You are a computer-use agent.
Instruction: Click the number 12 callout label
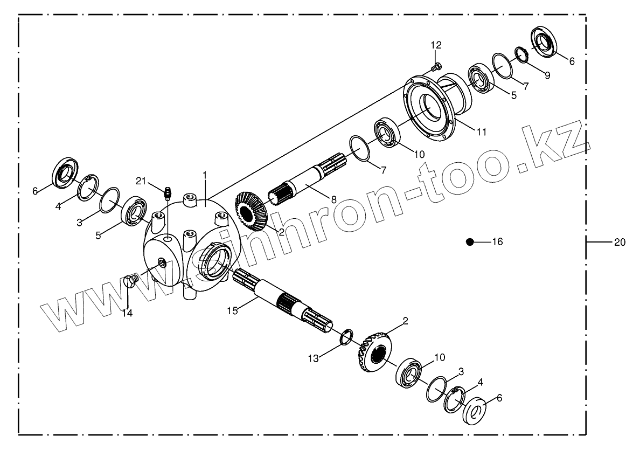[x=436, y=44]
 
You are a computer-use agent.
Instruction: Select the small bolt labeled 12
[x=437, y=67]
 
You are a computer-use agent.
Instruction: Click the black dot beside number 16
[x=470, y=242]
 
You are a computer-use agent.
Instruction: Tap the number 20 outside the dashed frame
[x=619, y=243]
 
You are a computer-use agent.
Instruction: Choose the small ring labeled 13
[x=346, y=336]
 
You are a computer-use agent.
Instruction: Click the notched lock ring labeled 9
[x=520, y=54]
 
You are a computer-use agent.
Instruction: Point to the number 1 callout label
[x=205, y=175]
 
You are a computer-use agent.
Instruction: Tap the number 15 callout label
[x=232, y=310]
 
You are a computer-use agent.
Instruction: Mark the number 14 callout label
[x=127, y=313]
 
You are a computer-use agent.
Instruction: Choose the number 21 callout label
[x=141, y=181]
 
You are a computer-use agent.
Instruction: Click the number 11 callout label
[x=482, y=131]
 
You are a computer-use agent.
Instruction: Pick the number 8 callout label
[x=333, y=199]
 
